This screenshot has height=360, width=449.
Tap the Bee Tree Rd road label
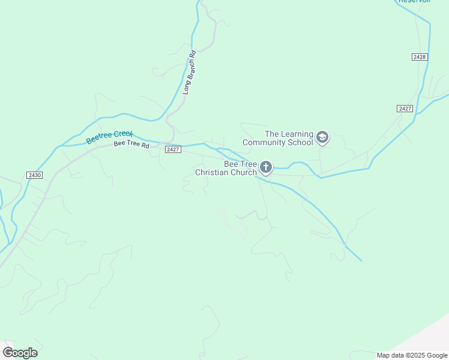pos(131,145)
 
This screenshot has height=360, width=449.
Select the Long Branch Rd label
pos(190,73)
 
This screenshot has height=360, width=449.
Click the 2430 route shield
pos(35,175)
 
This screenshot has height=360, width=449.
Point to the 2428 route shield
pos(420,56)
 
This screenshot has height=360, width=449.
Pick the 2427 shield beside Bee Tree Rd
pos(173,149)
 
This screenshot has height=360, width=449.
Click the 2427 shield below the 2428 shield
pos(405,109)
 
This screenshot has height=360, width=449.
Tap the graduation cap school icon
pos(322,138)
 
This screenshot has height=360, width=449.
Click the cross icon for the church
pos(266,167)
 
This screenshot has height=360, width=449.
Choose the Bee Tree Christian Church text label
pos(226,168)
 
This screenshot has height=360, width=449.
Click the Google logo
pos(20,352)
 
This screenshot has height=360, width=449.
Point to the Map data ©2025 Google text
pos(412,355)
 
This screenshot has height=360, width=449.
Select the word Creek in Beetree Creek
pos(122,134)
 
